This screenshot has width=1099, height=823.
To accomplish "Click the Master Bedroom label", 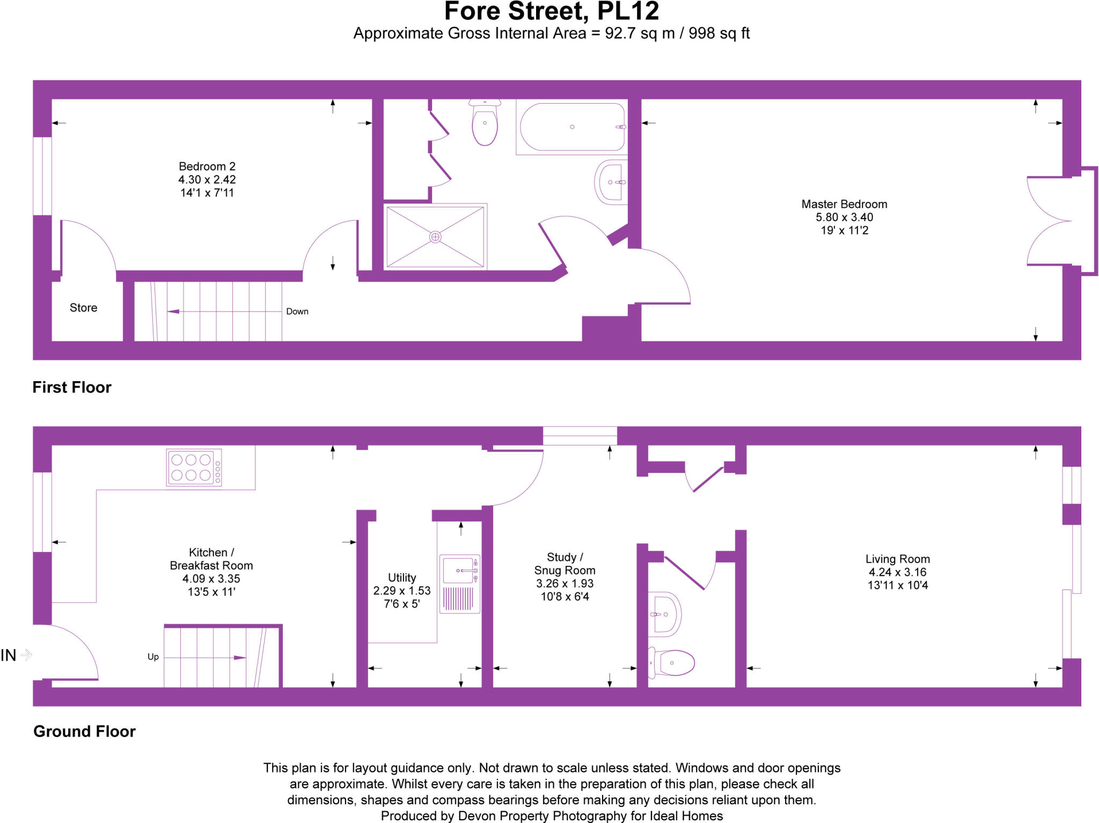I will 844,204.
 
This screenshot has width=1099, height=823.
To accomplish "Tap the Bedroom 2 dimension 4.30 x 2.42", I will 207,180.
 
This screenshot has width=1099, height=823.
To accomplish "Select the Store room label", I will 83,308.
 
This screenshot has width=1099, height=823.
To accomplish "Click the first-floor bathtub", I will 572,127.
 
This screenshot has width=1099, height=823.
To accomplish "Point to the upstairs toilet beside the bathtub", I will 485,123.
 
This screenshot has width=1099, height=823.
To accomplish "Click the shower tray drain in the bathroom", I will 435,237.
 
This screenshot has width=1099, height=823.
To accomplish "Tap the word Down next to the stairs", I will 297,311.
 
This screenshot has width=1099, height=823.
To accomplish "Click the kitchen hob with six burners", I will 193,468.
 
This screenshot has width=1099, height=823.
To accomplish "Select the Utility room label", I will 402,578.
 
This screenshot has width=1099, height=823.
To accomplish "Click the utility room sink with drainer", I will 459,584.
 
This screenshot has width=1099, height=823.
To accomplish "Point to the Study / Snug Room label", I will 565,564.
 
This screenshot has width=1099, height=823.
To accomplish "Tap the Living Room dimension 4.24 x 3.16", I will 897,572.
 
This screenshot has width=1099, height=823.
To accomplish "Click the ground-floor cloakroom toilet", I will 673,662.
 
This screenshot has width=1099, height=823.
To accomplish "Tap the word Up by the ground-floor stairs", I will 153,657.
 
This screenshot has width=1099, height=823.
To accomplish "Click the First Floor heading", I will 72,388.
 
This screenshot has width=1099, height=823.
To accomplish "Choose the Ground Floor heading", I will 84,732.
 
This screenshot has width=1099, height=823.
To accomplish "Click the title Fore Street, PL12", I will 551,12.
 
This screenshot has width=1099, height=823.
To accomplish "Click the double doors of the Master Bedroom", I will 1049,221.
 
